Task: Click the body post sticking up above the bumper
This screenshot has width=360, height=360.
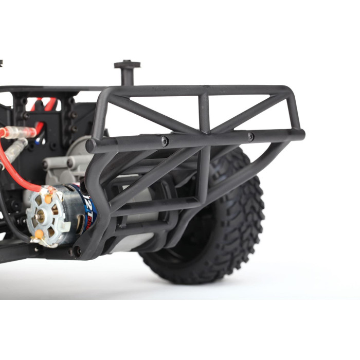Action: (127, 72)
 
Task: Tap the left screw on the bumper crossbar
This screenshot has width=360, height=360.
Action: (165, 141)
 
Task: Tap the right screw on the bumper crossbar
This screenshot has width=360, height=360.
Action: (250, 137)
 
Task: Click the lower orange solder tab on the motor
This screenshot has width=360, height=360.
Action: (39, 235)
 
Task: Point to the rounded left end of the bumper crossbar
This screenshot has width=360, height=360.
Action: (91, 146)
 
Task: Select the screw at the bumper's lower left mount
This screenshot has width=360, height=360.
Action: (77, 251)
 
